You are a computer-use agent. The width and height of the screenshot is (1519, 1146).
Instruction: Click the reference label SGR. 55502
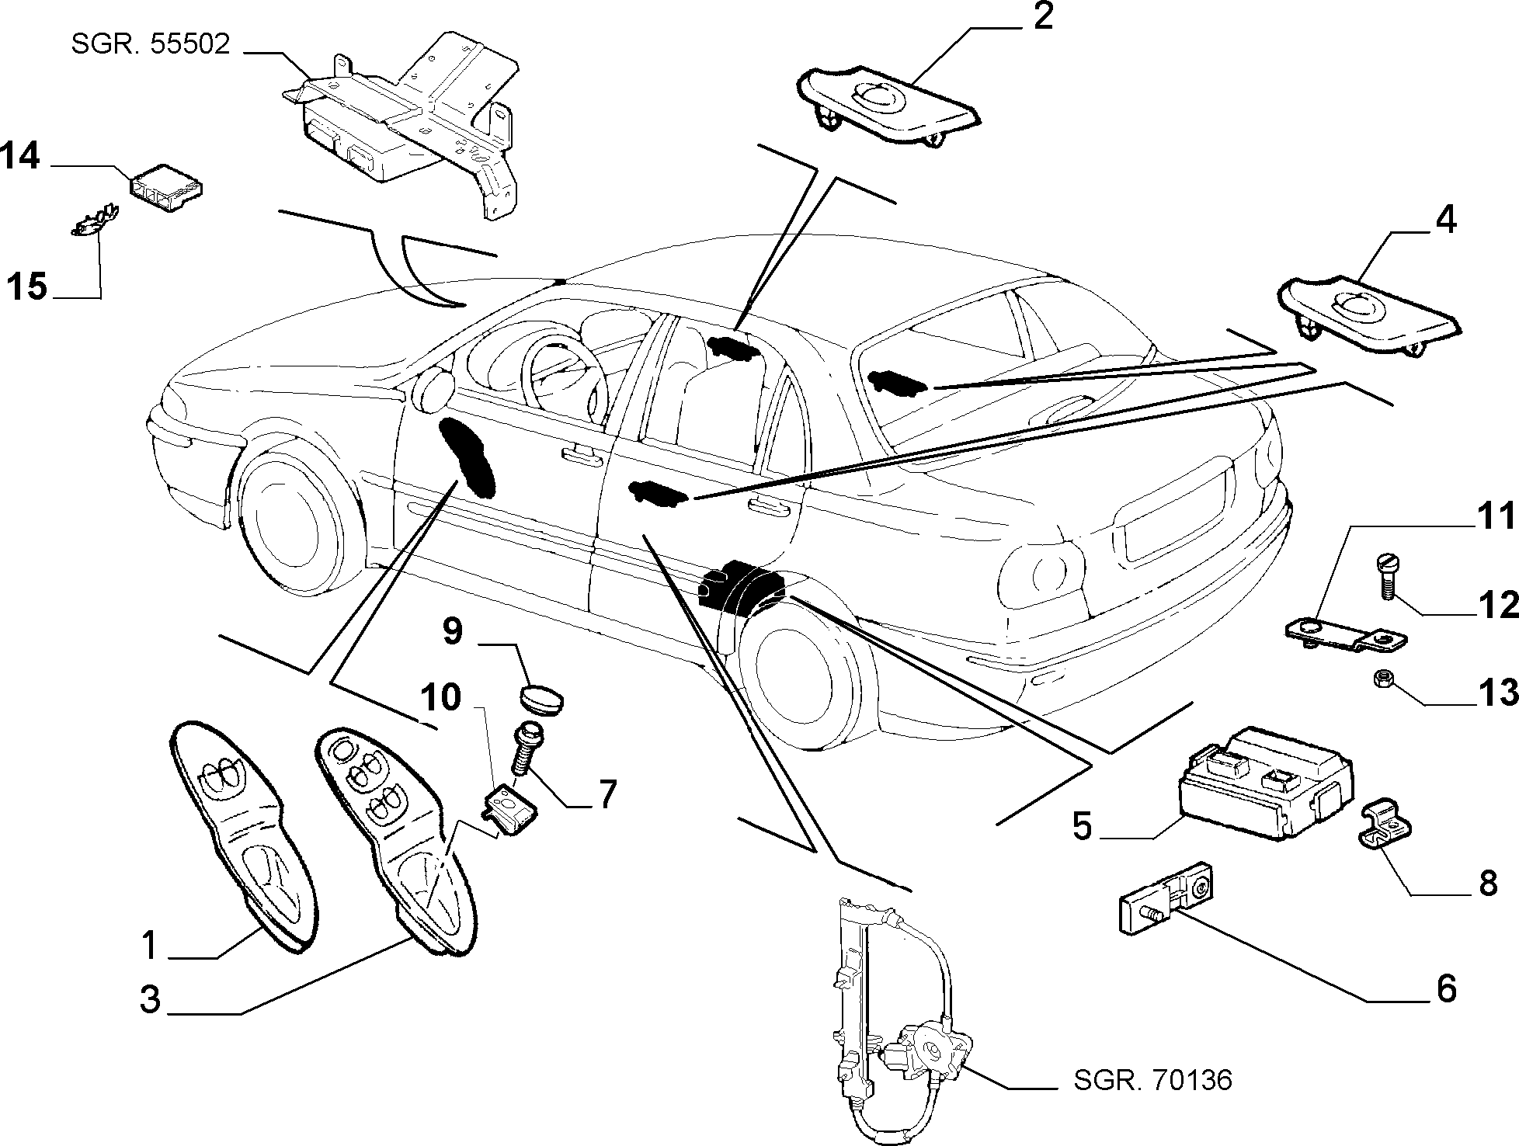click(151, 45)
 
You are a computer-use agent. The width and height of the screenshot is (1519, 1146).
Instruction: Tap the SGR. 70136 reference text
click(1152, 1080)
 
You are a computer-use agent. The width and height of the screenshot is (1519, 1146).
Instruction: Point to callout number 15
click(27, 286)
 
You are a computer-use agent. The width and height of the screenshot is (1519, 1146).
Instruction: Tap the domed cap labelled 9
click(543, 696)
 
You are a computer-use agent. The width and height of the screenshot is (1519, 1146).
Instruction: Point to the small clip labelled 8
click(1387, 828)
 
